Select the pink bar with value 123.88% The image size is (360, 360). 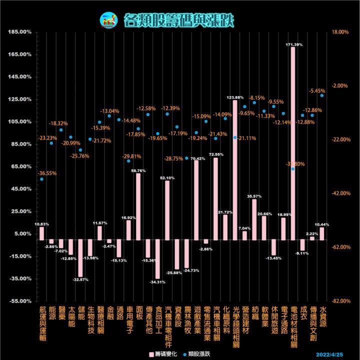click(x=235, y=170)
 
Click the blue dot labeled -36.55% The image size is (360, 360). click(x=41, y=179)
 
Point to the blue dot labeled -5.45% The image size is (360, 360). click(x=322, y=95)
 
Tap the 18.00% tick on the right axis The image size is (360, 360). click(x=339, y=32)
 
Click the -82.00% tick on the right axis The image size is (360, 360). click(x=339, y=301)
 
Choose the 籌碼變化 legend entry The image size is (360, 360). click(x=163, y=354)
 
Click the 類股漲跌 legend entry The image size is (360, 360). click(x=198, y=354)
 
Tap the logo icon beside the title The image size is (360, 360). click(x=108, y=19)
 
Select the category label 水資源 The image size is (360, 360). click(x=322, y=317)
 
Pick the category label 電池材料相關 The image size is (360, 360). click(x=293, y=327)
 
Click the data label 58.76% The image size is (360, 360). click(x=138, y=170)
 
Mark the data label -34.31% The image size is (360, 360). click(x=157, y=282)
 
